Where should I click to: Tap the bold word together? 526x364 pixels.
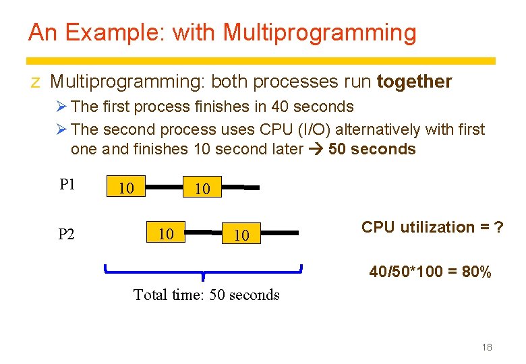tap(414, 82)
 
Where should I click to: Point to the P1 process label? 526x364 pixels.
tap(67, 185)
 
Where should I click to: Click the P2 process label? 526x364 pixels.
tap(67, 234)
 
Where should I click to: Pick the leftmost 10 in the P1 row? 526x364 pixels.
tap(125, 187)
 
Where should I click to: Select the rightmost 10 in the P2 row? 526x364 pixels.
tap(241, 235)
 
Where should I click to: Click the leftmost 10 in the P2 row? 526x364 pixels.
tap(166, 233)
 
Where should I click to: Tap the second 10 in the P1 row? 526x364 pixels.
tap(202, 189)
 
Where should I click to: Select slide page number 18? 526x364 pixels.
tap(487, 347)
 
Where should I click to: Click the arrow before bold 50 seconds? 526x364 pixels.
tap(316, 149)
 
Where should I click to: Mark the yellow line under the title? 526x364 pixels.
tap(262, 61)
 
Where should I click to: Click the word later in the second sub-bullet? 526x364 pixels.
tap(283, 149)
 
